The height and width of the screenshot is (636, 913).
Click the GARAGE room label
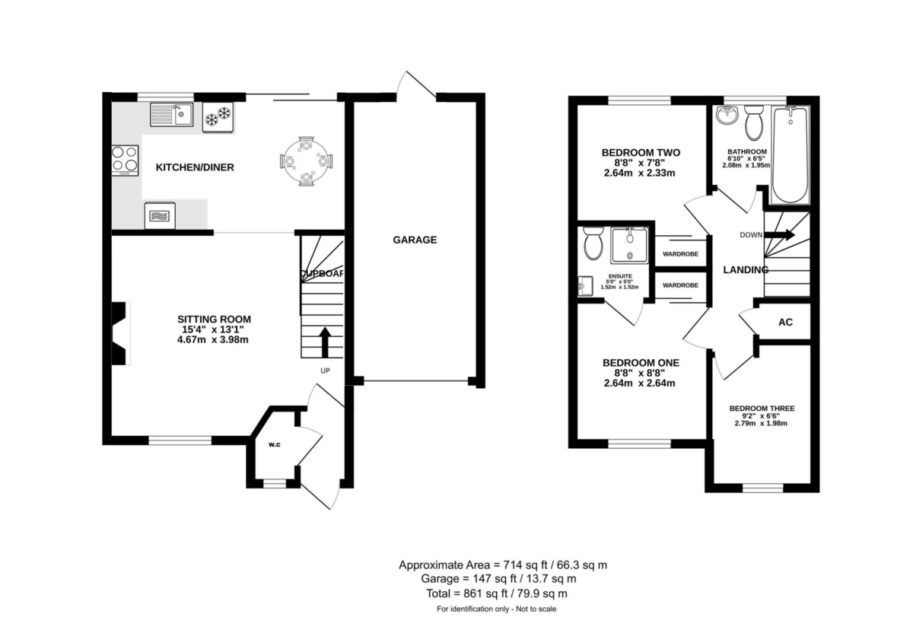[415, 240]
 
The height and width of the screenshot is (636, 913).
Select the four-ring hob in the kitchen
[126, 160]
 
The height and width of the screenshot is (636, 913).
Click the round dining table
[306, 161]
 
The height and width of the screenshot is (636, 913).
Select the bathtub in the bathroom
[791, 155]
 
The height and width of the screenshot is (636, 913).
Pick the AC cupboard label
[785, 322]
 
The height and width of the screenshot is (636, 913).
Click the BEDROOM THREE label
[762, 409]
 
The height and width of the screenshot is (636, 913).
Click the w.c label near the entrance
[274, 446]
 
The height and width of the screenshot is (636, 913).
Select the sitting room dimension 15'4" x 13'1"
[213, 329]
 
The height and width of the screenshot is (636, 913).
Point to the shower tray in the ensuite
[628, 245]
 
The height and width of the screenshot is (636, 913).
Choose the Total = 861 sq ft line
[502, 593]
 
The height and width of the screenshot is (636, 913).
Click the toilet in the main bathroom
[754, 124]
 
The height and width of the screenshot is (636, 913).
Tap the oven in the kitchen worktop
[159, 215]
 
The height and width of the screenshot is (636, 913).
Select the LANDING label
[745, 269]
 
